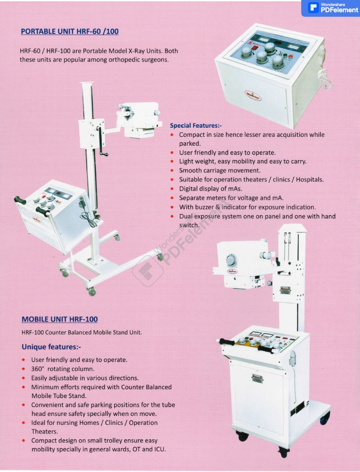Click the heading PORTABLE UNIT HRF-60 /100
tap(70, 31)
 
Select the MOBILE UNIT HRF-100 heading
tap(60, 319)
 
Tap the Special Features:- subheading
tap(196, 125)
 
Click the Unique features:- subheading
tap(51, 347)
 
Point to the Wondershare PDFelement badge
tap(330, 8)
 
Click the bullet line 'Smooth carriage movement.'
tap(220, 170)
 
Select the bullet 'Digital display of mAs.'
tap(211, 189)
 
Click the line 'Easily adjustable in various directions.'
tap(85, 378)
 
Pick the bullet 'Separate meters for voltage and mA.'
tap(231, 198)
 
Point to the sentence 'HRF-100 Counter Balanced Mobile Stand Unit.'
tap(82, 332)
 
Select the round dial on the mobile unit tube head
tap(231, 260)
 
